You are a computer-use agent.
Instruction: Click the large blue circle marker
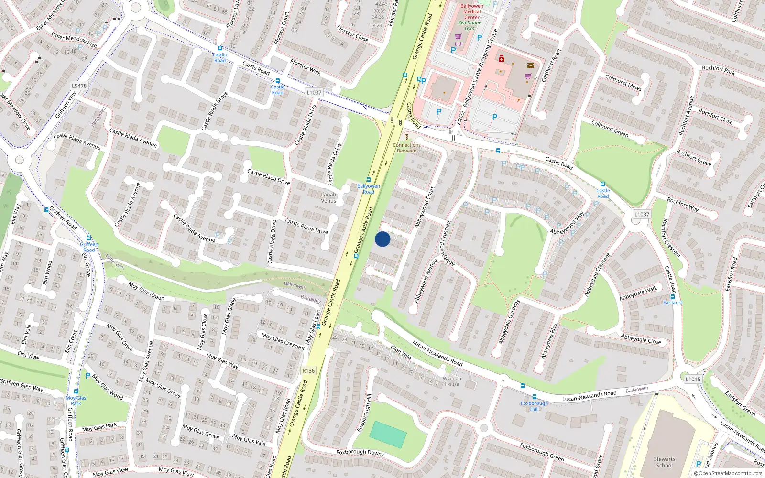coord(382,239)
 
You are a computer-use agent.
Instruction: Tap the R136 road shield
coord(308,370)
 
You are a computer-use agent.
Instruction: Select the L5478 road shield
coord(79,86)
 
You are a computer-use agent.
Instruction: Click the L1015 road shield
coord(693,379)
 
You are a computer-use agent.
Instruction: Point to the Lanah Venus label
coord(328,197)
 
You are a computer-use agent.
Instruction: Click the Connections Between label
coord(407,148)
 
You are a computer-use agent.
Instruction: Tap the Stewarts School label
coord(664,462)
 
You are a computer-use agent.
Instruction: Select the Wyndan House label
coord(452,381)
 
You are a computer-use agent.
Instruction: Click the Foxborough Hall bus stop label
coord(534,406)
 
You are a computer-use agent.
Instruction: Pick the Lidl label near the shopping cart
coord(459,44)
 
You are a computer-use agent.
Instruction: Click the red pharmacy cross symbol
coord(501,59)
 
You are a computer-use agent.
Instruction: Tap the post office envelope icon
coord(531,65)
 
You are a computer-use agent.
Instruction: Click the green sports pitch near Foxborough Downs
coord(388,434)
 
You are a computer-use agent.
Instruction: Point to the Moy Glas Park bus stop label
coord(76,401)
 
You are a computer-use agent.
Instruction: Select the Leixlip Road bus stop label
coord(220,57)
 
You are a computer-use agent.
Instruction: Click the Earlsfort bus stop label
coord(672,303)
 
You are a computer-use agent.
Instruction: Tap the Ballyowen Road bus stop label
coord(368,189)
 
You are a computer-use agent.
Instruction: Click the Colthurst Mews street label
coord(623,82)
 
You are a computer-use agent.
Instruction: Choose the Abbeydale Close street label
coord(641,339)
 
